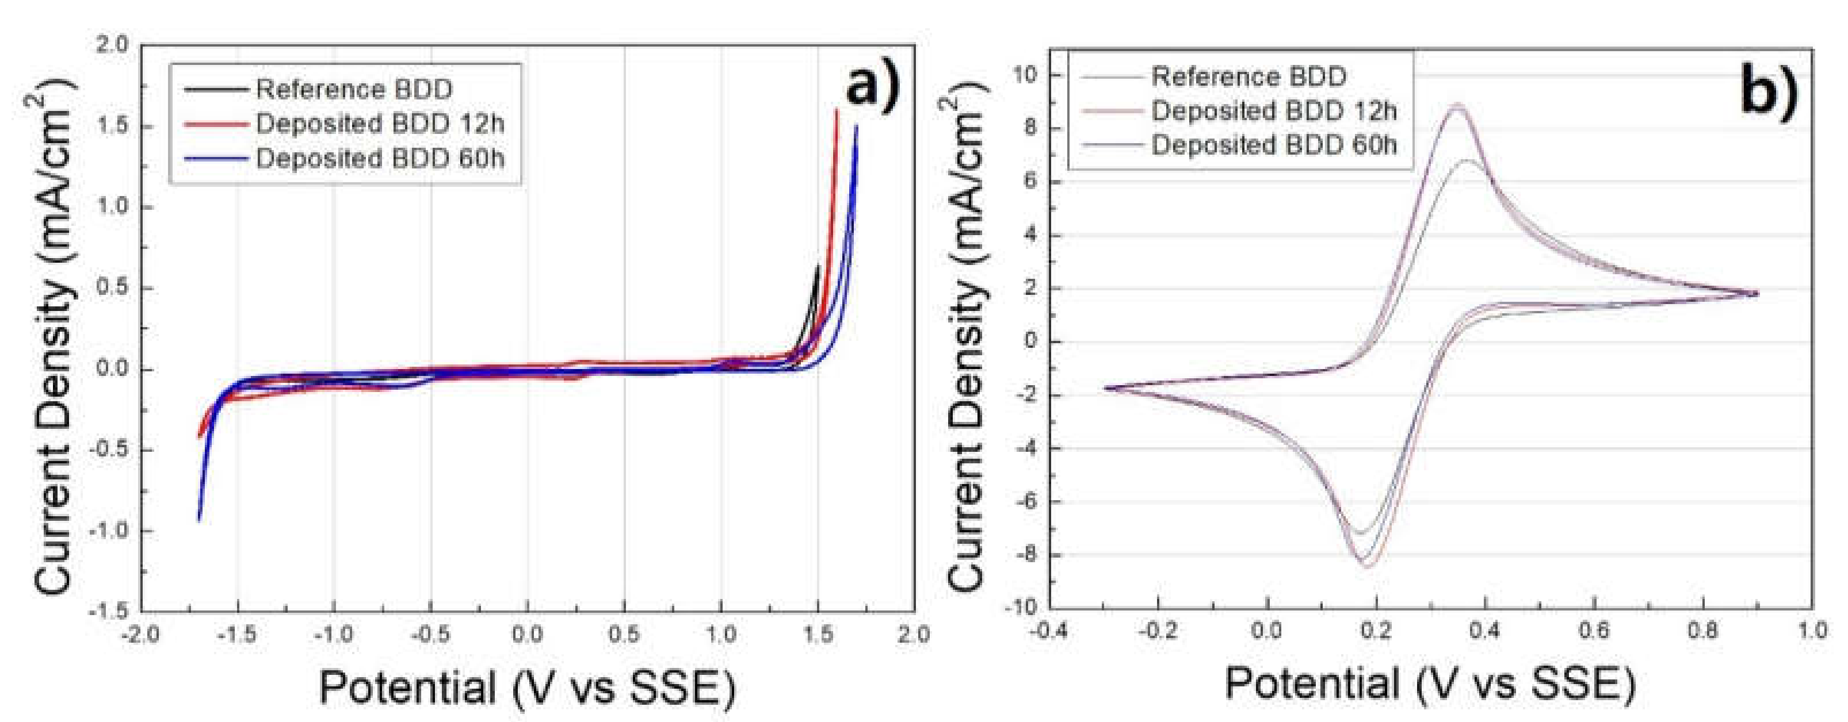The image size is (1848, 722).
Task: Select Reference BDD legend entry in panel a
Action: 354,90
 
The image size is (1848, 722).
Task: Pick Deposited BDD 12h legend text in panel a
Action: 380,124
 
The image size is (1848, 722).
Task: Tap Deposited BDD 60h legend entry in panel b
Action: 1274,145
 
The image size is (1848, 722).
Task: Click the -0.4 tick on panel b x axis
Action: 1049,631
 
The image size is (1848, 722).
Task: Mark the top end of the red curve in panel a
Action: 837,110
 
